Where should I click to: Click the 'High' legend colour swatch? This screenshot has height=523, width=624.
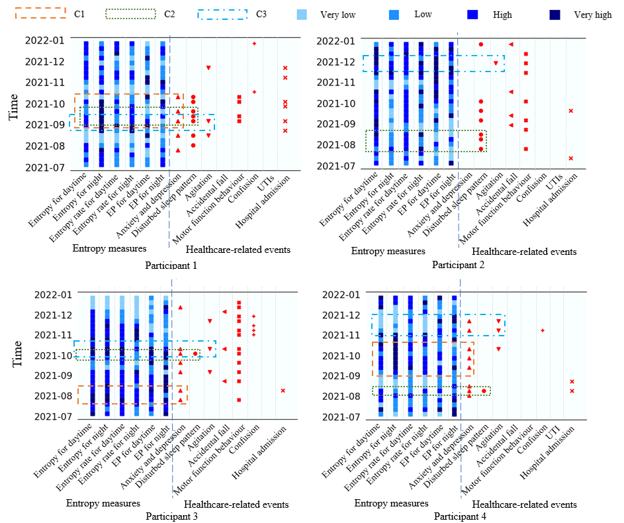(x=472, y=14)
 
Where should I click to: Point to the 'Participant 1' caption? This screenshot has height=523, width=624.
(x=171, y=265)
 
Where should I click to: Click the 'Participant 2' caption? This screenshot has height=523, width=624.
(x=459, y=265)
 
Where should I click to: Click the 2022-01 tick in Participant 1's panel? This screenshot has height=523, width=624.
(x=45, y=40)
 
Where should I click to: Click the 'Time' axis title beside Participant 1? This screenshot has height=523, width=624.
(x=14, y=106)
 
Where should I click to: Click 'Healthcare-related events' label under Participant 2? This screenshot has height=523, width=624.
(x=523, y=252)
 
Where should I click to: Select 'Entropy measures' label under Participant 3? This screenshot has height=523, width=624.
(x=103, y=504)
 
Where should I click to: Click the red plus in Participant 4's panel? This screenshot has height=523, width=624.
(x=543, y=330)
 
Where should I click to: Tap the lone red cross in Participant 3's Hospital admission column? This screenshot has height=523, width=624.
(x=283, y=391)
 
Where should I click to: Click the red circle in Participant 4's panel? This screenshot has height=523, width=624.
(x=484, y=391)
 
